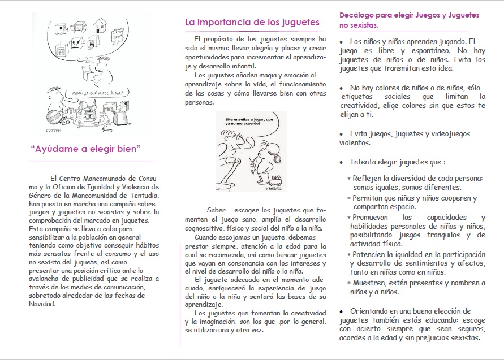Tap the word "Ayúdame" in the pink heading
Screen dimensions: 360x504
57,150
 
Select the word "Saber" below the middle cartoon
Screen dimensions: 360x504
217,209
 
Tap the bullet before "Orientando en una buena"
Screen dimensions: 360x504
341,311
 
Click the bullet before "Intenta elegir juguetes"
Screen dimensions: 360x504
341,162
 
